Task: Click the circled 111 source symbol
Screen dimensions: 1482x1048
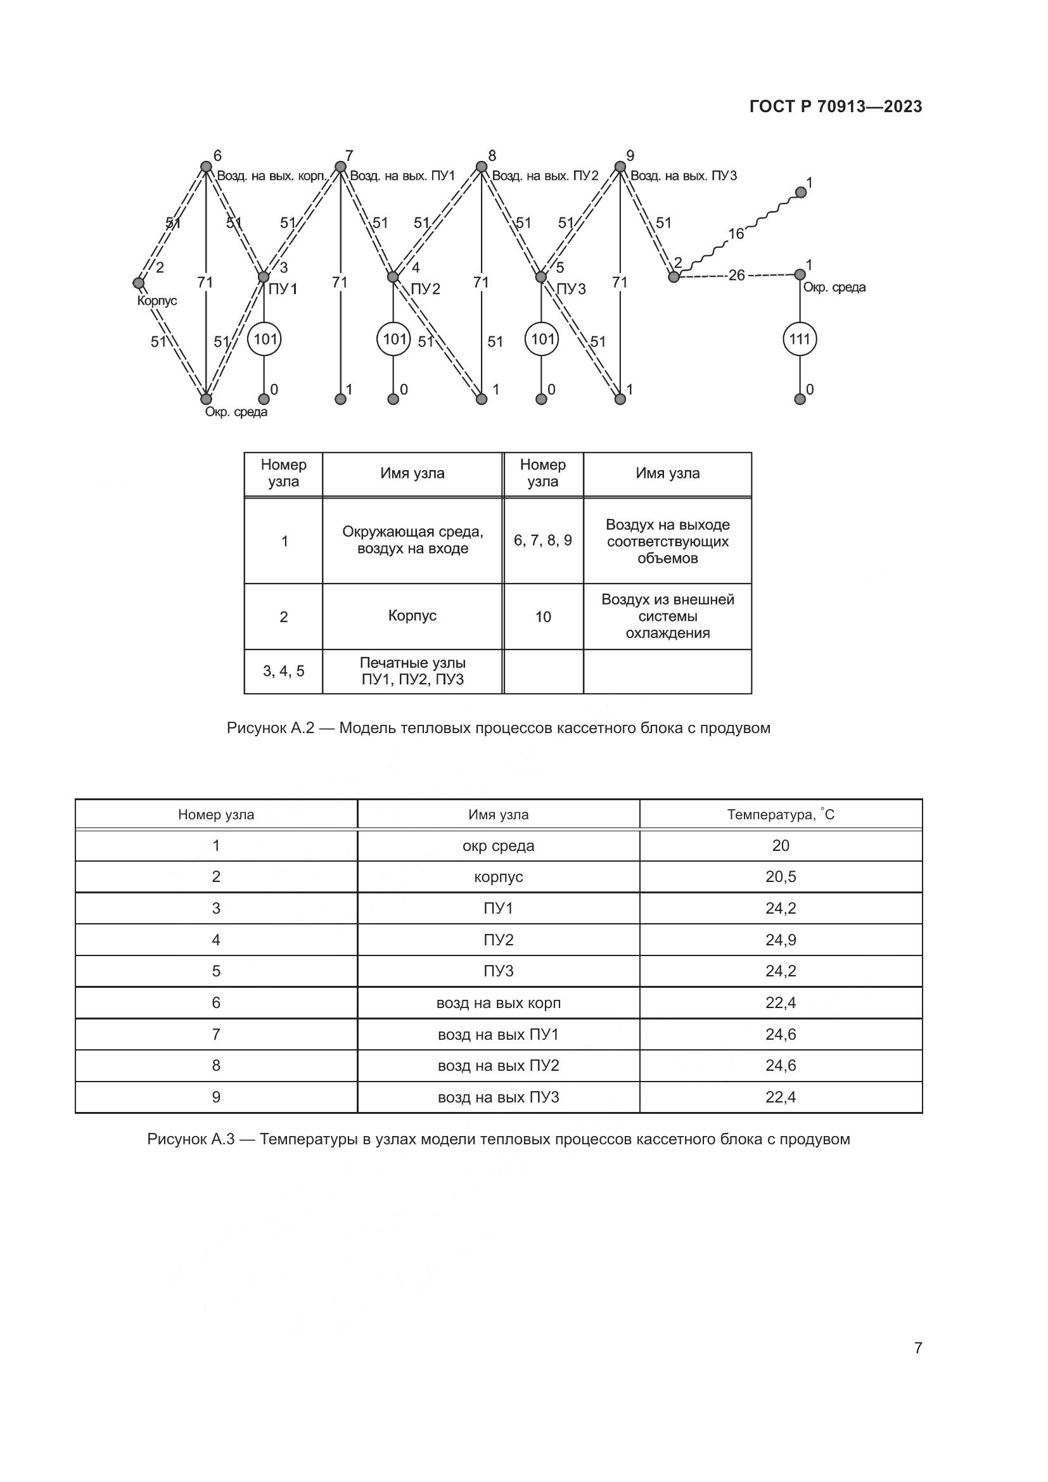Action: click(x=800, y=339)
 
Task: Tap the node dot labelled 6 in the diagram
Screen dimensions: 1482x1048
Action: click(x=206, y=167)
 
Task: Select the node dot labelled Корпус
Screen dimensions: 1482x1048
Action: click(x=138, y=283)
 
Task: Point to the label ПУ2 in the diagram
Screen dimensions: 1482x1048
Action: click(x=425, y=288)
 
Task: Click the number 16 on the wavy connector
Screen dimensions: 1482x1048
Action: click(x=736, y=234)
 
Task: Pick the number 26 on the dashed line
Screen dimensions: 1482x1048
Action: click(x=736, y=276)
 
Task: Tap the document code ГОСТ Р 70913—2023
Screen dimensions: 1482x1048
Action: click(x=836, y=106)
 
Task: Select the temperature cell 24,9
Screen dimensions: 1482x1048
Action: click(x=780, y=940)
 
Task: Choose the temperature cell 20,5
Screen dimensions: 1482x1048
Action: click(x=780, y=876)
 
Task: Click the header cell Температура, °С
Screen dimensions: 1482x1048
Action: click(x=780, y=815)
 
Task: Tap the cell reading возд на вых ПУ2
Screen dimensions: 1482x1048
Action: click(x=498, y=1066)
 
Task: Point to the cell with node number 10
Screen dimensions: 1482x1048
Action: click(x=543, y=617)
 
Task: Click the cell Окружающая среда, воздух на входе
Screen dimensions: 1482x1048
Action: click(x=412, y=540)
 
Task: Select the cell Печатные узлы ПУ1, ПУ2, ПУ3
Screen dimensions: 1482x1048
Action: click(x=412, y=671)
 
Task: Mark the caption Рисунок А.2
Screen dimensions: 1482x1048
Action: click(x=498, y=728)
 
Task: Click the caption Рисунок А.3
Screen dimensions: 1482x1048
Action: click(x=498, y=1139)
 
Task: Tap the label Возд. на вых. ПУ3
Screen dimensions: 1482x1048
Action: click(x=684, y=176)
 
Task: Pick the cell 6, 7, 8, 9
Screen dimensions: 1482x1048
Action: click(x=543, y=540)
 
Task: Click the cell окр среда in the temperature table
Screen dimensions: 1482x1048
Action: click(x=498, y=846)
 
